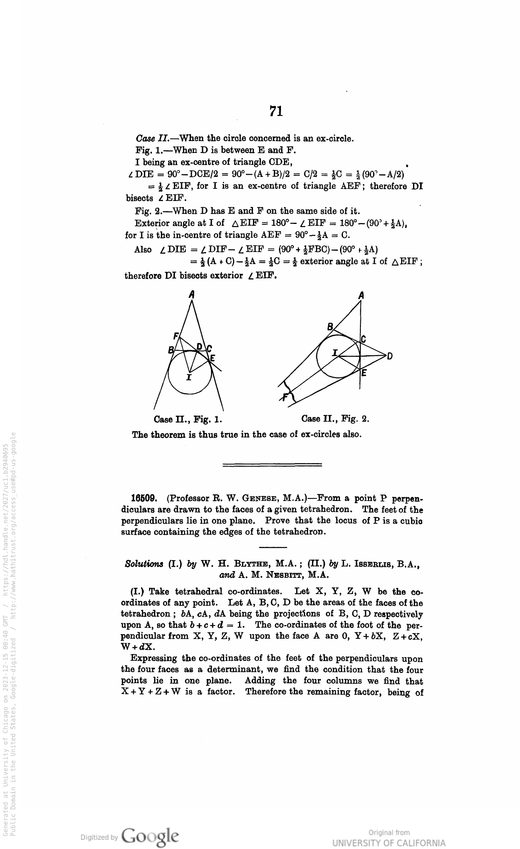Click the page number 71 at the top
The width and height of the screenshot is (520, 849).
pos(276,111)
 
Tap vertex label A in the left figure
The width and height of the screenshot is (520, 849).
pos(192,294)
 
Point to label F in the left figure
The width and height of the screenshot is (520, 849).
pos(175,335)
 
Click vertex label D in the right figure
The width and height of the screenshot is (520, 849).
pos(389,356)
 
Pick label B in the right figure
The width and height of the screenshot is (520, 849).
pos(330,327)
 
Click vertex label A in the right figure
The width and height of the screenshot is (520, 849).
pos(361,295)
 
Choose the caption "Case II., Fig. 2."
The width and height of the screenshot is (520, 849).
pos(335,419)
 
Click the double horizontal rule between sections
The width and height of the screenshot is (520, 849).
pos(272,464)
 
